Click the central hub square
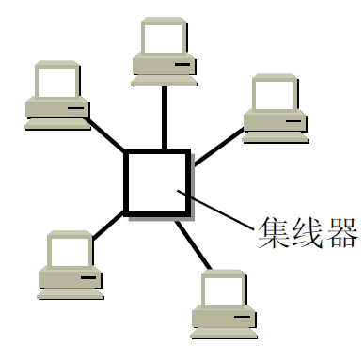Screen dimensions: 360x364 click(157, 180)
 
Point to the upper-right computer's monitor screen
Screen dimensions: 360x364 click(275, 93)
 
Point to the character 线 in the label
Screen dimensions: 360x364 click(304, 232)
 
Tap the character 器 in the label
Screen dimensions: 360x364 click(338, 232)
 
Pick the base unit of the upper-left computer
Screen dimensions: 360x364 click(57, 112)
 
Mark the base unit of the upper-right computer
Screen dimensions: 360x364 click(277, 122)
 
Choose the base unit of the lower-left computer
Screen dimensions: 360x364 click(70, 279)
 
